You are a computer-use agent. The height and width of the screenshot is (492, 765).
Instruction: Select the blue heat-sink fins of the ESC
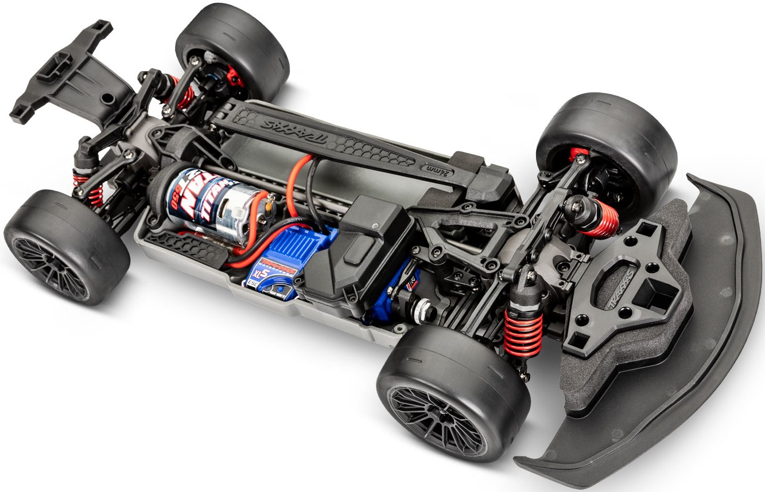tap(298, 244)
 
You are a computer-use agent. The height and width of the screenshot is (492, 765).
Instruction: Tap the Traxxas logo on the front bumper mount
tap(626, 281)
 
